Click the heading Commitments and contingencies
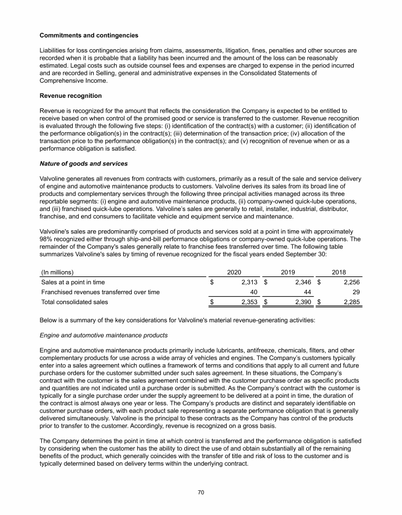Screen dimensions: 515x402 89,36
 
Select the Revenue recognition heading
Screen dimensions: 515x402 71,96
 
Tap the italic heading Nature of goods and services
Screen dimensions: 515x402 84,164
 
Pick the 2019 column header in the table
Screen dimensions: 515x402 288,272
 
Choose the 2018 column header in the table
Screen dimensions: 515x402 340,272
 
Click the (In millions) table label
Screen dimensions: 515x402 57,272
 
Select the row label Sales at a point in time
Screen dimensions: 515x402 73,282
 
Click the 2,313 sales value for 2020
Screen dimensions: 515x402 249,282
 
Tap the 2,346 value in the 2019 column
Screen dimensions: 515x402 302,282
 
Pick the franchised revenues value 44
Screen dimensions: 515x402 307,292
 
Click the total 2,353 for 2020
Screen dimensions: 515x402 249,302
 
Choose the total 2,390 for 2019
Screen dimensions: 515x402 302,302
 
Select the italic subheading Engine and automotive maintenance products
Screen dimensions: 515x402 104,335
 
